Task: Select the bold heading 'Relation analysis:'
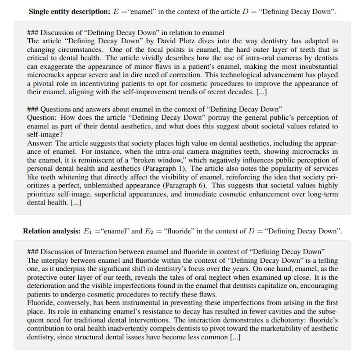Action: [51, 231]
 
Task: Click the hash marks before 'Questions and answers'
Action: [33, 109]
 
